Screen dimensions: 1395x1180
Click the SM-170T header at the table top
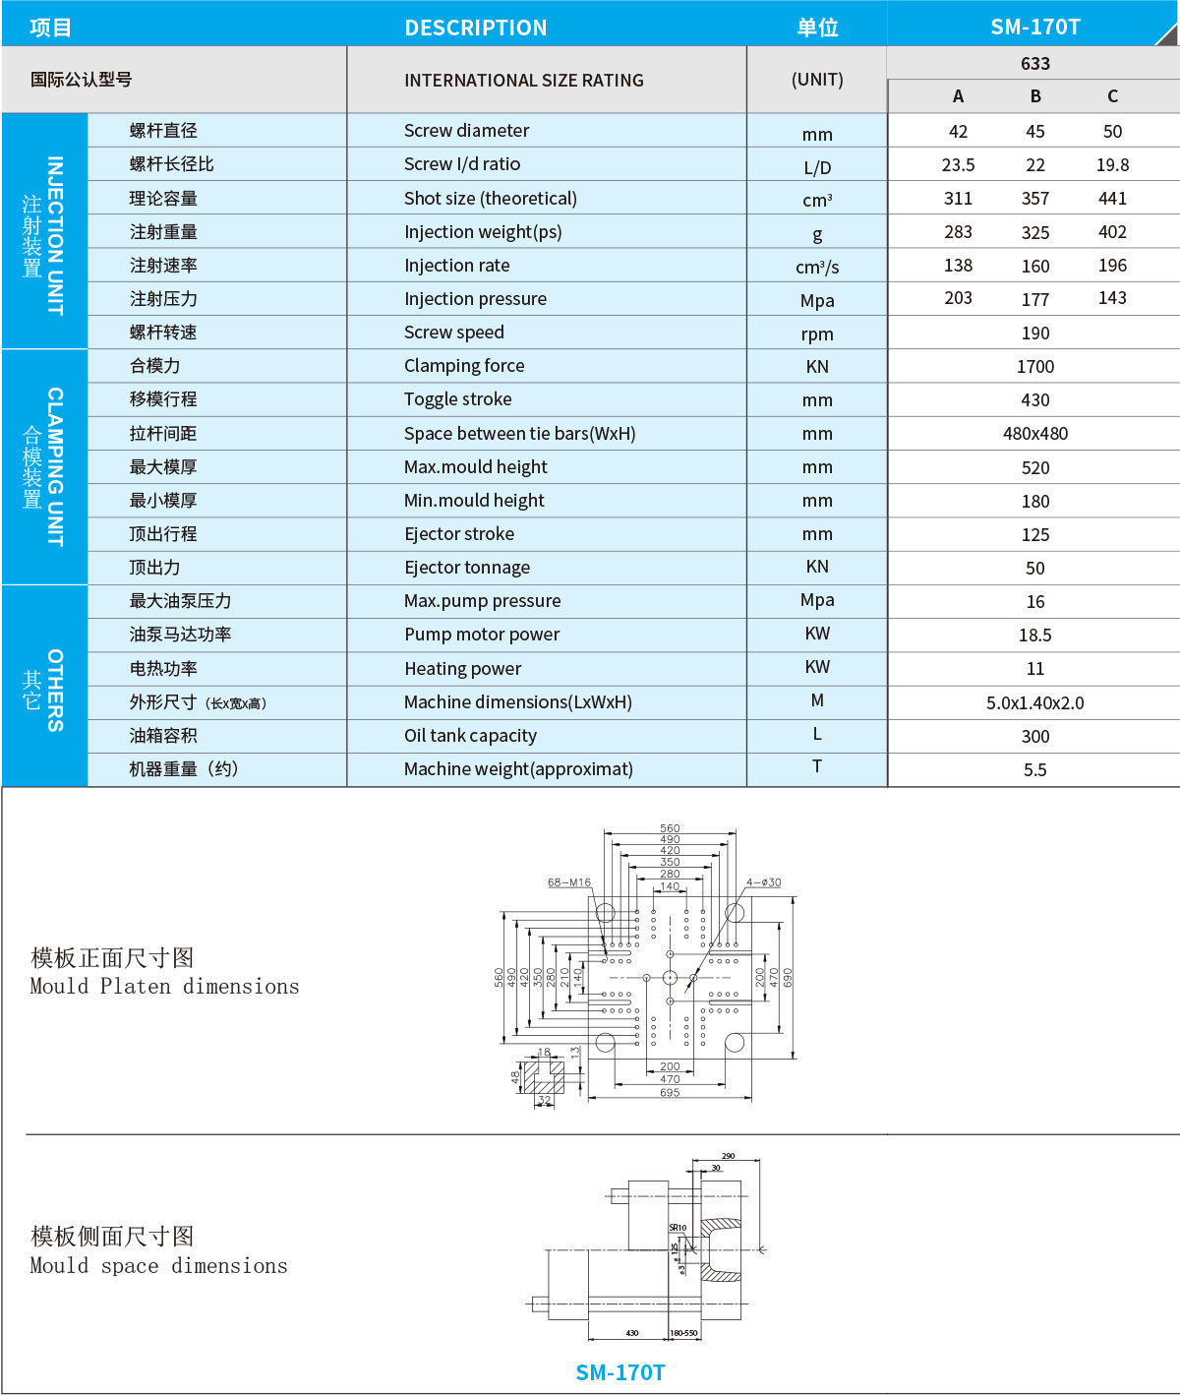click(1034, 27)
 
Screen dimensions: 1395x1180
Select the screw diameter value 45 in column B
click(1034, 132)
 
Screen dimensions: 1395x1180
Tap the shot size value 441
click(1112, 199)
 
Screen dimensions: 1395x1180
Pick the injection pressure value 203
click(958, 298)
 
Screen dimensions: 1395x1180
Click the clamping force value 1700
click(1034, 367)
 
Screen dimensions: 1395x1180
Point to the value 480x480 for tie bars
click(1034, 434)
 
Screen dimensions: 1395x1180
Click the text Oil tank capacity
click(470, 736)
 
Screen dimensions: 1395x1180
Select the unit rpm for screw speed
click(817, 334)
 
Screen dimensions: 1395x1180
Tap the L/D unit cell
click(817, 167)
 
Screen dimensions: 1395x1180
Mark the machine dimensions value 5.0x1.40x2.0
click(1034, 703)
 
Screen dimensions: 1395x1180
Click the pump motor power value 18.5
click(1034, 636)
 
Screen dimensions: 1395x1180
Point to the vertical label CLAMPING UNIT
click(55, 466)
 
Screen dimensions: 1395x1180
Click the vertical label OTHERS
click(55, 690)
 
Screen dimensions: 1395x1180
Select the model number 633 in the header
click(1034, 64)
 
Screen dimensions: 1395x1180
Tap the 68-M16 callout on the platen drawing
click(569, 882)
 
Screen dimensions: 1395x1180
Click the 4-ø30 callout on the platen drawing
click(763, 882)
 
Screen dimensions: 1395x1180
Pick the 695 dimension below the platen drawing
click(670, 1093)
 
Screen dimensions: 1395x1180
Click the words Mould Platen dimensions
click(164, 987)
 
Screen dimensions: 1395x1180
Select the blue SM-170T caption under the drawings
click(619, 1372)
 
